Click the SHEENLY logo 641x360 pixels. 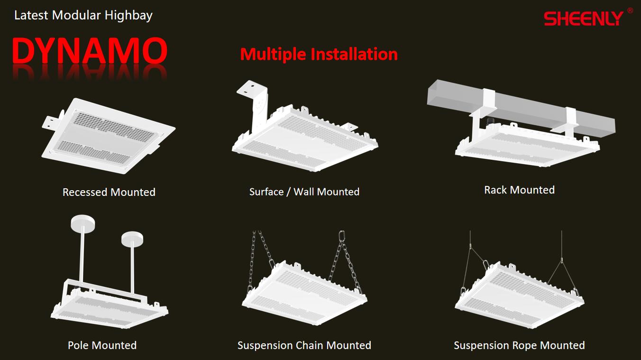[x=584, y=18]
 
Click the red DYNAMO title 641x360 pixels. [x=90, y=51]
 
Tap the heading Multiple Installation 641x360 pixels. [x=319, y=54]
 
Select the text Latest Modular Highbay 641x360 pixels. [x=83, y=15]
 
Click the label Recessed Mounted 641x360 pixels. [x=109, y=192]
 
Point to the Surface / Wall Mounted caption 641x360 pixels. [x=304, y=192]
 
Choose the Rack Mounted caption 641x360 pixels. [x=519, y=190]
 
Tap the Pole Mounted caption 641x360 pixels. [x=102, y=345]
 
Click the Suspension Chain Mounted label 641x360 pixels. [x=304, y=345]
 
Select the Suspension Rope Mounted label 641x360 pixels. [x=519, y=345]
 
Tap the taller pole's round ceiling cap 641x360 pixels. [x=83, y=223]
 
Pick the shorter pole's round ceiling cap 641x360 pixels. [x=132, y=238]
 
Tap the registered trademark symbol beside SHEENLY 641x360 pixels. [x=630, y=10]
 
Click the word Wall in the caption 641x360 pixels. [x=304, y=192]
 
